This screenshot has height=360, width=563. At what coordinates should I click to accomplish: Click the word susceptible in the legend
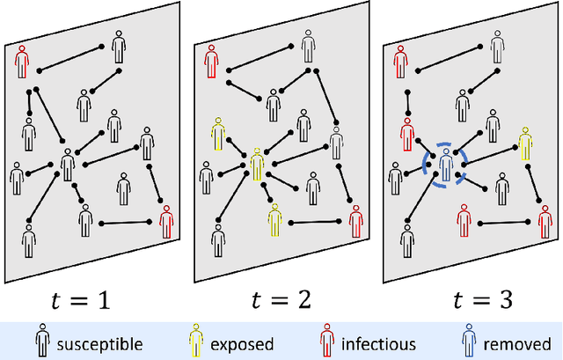tap(100, 343)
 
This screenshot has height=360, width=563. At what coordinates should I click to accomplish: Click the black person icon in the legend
tap(42, 342)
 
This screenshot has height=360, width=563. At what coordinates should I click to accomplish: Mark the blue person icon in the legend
tap(472, 342)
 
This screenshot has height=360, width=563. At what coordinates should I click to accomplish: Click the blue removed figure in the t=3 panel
tap(445, 165)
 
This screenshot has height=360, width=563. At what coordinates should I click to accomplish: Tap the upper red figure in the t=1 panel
tap(23, 60)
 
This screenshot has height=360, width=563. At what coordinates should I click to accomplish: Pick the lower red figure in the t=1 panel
tap(166, 220)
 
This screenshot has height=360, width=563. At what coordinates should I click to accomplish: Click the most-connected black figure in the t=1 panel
tap(68, 165)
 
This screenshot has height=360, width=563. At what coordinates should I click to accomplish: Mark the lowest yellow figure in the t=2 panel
tap(274, 219)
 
